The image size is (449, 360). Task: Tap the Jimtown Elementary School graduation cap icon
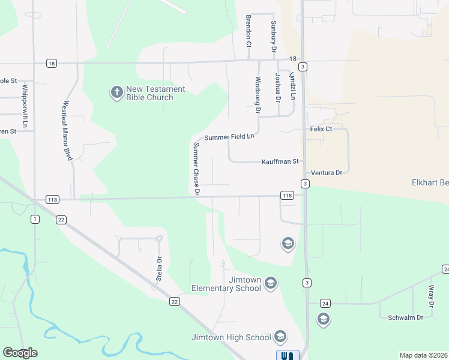(271, 283)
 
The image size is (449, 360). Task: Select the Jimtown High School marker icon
(280, 337)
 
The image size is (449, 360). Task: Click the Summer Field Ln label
(229, 137)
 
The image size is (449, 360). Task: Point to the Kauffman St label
(280, 162)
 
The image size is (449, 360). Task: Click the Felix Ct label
(321, 129)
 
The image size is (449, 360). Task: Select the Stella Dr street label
(160, 269)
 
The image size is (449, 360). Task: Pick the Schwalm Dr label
(406, 317)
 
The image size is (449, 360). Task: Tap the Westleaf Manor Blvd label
(67, 130)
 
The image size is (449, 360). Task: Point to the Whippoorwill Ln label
(25, 106)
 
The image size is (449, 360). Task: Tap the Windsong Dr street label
(258, 95)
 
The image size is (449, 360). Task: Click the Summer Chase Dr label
(196, 169)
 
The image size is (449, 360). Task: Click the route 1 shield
(35, 220)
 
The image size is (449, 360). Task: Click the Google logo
(20, 353)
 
